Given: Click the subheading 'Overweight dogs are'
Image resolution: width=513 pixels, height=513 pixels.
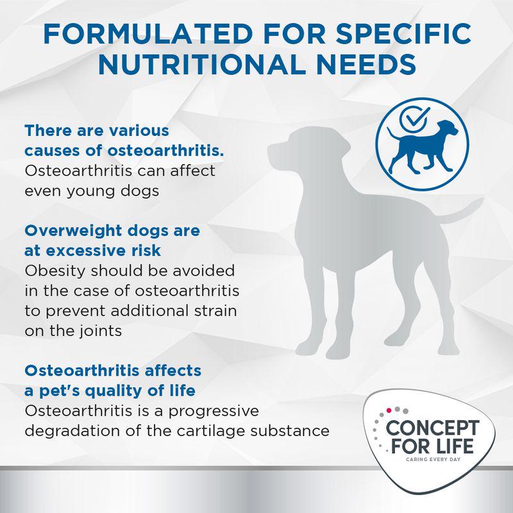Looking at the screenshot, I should [x=112, y=229].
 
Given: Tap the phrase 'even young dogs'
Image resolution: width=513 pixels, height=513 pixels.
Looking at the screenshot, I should [x=91, y=191].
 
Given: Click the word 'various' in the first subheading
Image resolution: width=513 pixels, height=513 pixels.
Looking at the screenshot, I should [x=137, y=131].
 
